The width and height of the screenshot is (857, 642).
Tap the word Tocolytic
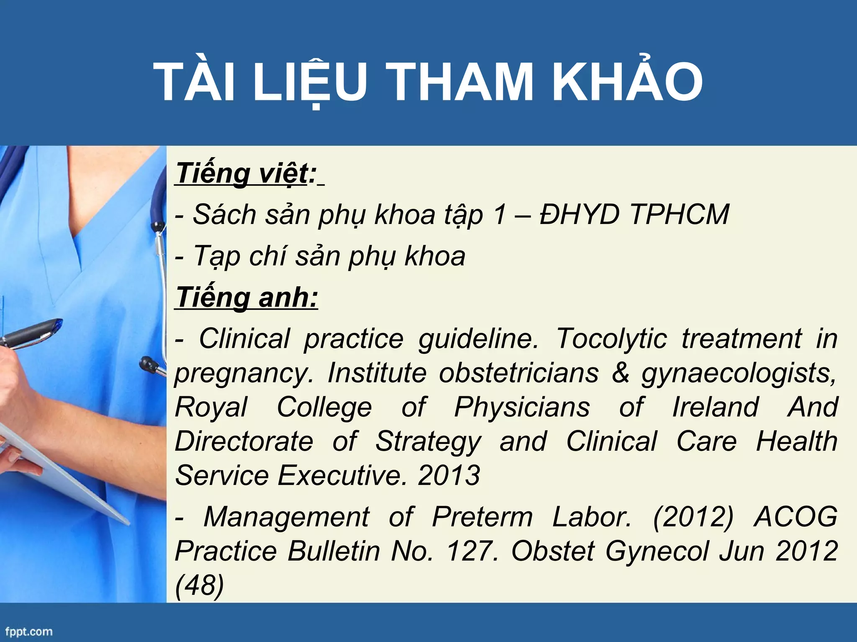611,338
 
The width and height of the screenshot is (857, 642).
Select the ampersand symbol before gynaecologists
621,372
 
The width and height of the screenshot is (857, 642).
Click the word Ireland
715,407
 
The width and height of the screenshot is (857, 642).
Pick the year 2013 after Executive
449,475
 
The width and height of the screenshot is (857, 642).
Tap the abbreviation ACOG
795,517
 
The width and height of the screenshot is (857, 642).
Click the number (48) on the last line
200,585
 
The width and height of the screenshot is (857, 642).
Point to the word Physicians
522,407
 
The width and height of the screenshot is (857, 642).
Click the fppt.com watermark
28,631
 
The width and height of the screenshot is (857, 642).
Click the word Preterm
482,517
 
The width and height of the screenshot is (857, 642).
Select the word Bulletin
334,551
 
